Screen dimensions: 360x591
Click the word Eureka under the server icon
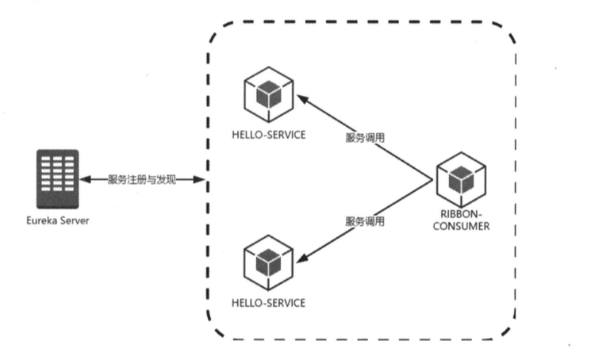pos(42,220)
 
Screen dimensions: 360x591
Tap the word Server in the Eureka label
pos(74,220)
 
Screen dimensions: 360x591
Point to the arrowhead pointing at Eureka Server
pos(86,181)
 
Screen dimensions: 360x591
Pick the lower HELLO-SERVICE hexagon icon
pos(267,261)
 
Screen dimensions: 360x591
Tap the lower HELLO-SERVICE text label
pos(267,304)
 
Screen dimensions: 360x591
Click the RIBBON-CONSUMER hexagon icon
pos(461,178)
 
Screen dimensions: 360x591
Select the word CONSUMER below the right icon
pos(461,226)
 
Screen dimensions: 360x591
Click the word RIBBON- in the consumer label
pos(461,215)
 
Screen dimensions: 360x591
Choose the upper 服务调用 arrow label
pos(365,136)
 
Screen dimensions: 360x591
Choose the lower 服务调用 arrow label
pos(365,221)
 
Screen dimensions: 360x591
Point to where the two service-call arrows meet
pos(432,180)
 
